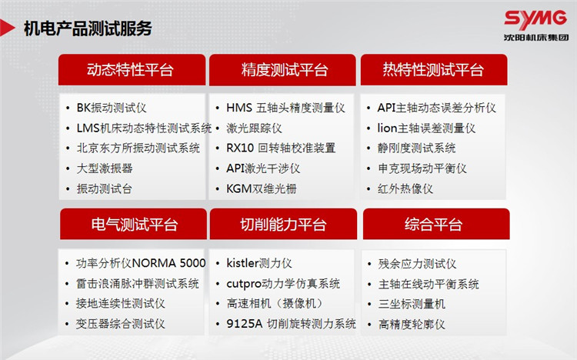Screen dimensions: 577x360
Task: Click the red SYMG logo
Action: (535, 19)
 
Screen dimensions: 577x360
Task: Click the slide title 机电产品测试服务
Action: (88, 28)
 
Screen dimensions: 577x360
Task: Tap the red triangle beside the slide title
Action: (7, 28)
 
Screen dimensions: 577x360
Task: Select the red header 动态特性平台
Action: (132, 69)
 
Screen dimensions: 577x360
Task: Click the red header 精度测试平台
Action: (282, 69)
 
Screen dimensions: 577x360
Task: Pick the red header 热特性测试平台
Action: (434, 69)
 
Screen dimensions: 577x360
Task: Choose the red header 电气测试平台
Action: (133, 224)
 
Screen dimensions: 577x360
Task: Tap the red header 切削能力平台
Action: (283, 224)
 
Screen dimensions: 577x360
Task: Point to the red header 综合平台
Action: (436, 224)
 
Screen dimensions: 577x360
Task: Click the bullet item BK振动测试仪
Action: (112, 108)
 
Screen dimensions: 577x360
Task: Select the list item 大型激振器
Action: (105, 168)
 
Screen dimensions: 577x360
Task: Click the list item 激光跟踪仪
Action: (255, 128)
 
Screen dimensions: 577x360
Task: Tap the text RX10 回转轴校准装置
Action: (281, 148)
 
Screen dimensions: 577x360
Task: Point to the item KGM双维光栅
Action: (262, 188)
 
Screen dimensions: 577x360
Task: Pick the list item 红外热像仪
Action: (405, 188)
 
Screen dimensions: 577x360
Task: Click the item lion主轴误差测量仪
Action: (426, 128)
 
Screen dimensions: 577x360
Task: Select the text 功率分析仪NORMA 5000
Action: (141, 263)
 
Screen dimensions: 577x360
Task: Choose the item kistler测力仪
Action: (259, 263)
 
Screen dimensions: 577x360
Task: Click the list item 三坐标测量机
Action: (412, 304)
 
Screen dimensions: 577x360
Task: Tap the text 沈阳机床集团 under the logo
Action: (536, 38)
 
